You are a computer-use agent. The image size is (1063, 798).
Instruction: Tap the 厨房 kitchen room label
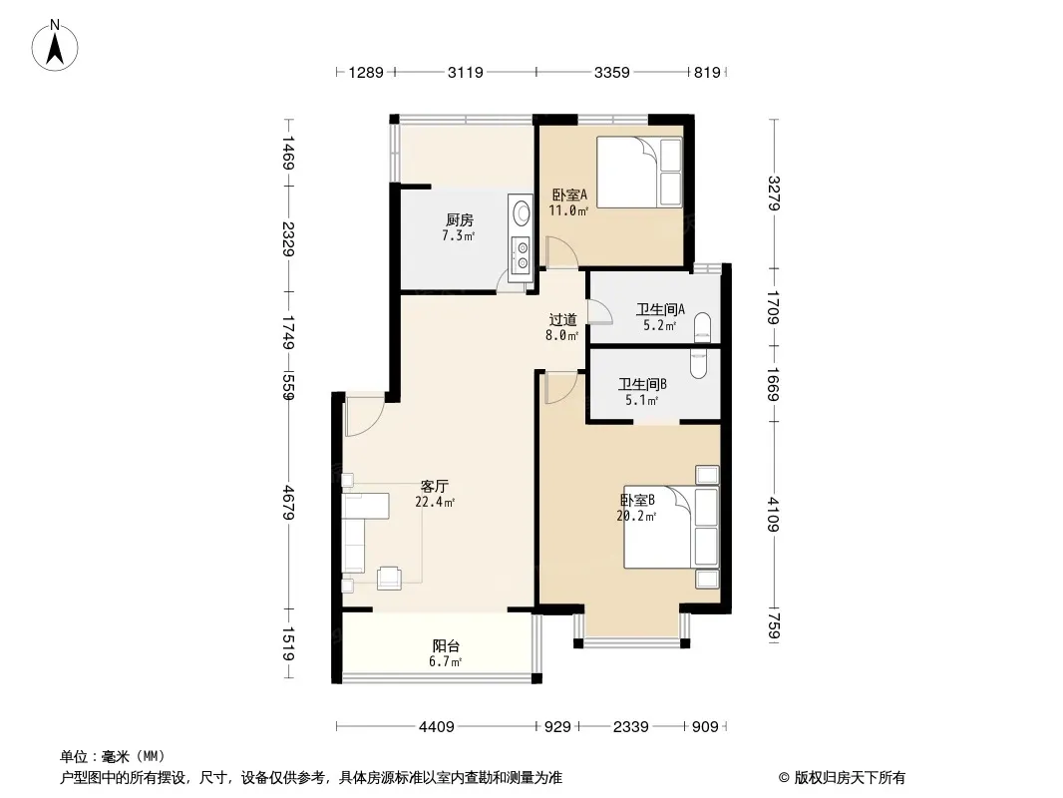point(459,220)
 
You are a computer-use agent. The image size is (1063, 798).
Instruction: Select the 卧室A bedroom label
point(568,196)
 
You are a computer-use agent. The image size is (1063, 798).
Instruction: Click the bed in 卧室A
point(638,173)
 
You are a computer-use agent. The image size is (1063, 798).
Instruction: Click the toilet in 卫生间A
point(703,322)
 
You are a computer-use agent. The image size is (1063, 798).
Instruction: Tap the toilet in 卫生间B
point(699,364)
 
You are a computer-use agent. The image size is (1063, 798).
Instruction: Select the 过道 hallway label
point(562,320)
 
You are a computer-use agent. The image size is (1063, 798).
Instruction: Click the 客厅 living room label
point(434,487)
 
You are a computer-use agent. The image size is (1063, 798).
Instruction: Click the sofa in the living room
point(356,534)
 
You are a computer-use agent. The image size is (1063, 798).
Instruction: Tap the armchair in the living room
point(390,575)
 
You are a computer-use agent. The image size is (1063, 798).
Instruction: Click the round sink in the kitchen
point(520,212)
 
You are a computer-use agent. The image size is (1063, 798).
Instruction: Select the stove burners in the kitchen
point(520,255)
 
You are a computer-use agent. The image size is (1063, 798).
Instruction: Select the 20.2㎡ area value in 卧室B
point(637,517)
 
